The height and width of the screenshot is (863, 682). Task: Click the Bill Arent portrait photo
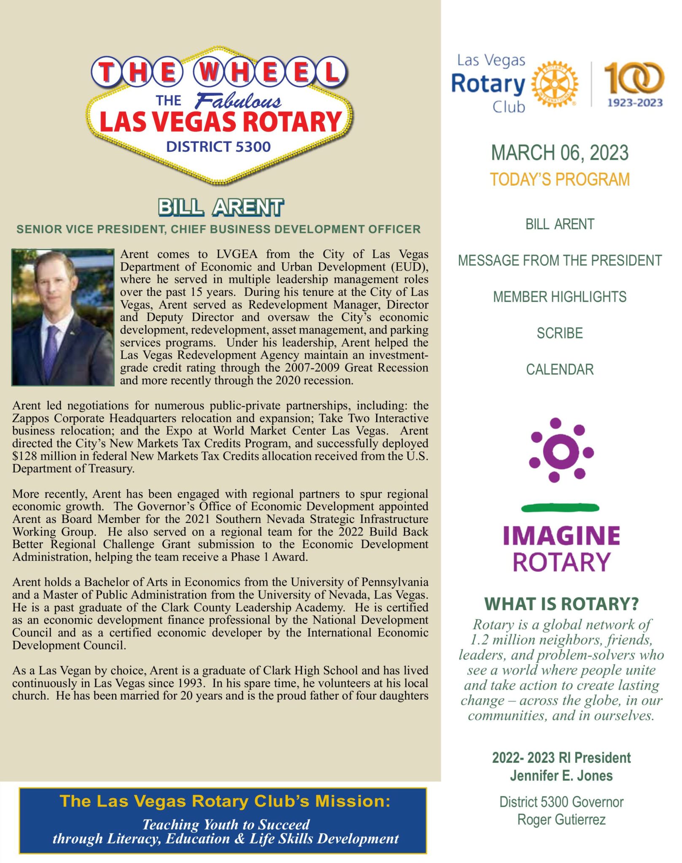click(x=63, y=317)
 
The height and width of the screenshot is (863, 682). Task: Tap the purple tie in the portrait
click(x=51, y=350)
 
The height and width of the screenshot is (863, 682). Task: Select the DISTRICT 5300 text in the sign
click(x=218, y=147)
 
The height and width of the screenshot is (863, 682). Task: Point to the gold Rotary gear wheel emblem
click(x=554, y=84)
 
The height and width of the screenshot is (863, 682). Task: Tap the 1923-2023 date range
click(x=635, y=102)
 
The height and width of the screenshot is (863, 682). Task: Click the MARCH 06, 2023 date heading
click(x=560, y=153)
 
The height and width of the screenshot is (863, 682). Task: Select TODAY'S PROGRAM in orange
click(x=560, y=180)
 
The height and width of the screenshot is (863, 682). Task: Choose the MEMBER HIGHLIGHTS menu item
click(x=560, y=297)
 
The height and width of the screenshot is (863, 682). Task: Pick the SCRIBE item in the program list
click(x=560, y=333)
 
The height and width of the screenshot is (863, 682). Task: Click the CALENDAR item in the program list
click(x=560, y=370)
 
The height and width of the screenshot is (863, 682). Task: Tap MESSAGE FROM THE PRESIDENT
click(x=560, y=260)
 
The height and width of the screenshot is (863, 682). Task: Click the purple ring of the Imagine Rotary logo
click(x=561, y=452)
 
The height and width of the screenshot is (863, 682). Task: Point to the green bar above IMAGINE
click(x=560, y=508)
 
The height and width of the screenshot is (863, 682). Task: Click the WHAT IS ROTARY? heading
click(x=561, y=604)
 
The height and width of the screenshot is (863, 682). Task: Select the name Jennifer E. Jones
click(x=561, y=775)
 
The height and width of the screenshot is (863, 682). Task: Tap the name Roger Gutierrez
click(x=561, y=820)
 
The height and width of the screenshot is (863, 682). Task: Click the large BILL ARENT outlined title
click(x=221, y=207)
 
